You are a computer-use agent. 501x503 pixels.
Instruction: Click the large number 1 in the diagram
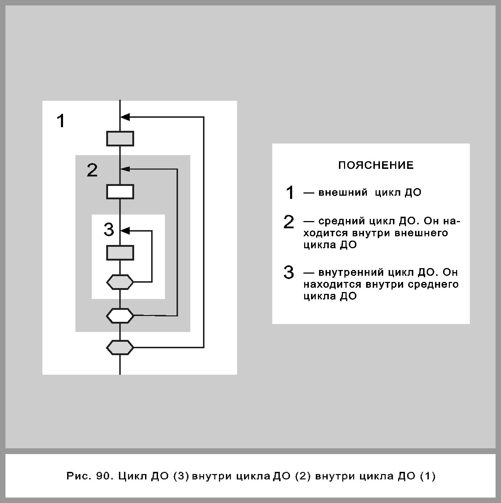(61, 121)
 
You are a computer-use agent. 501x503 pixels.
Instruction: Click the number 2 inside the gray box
(92, 170)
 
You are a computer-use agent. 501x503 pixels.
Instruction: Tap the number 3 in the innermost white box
(109, 230)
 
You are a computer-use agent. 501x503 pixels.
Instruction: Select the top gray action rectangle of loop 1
(120, 138)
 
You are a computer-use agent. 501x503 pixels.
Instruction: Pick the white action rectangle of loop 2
(120, 192)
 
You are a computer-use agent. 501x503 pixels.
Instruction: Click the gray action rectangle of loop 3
(120, 253)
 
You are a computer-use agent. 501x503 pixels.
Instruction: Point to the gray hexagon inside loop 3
(120, 282)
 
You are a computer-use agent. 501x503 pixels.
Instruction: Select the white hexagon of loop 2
(120, 316)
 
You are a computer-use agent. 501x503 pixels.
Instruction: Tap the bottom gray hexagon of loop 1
(120, 347)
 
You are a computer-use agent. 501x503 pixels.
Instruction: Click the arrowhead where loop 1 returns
(125, 117)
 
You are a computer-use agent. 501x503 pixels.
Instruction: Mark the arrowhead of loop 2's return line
(125, 169)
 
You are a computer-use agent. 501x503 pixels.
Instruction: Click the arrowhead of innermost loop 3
(125, 230)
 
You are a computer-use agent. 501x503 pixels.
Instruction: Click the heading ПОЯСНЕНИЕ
(376, 166)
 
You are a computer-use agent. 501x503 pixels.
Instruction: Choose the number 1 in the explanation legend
(290, 192)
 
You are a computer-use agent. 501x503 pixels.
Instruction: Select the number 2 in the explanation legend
(289, 222)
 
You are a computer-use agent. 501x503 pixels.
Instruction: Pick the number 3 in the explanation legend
(289, 272)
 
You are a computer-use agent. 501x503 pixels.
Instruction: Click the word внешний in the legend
(343, 192)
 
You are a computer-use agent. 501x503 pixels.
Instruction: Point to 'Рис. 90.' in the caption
(88, 476)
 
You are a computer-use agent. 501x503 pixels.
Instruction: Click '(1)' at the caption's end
(427, 476)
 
